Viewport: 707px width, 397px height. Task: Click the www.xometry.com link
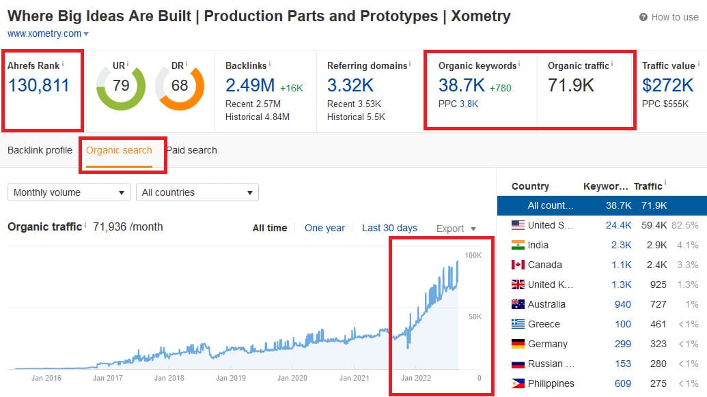[x=44, y=33]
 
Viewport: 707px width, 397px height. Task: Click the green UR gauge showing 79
[x=121, y=86]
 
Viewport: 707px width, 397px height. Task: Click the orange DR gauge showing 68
[x=180, y=86]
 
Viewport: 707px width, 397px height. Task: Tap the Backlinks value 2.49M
[x=250, y=85]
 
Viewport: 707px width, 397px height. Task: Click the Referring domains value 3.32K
[x=350, y=85]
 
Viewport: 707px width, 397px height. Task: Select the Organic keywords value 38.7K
[x=461, y=85]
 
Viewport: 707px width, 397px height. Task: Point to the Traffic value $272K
[x=667, y=85]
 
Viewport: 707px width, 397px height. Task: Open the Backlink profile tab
[x=40, y=150]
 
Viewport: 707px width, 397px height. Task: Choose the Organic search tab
[x=119, y=150]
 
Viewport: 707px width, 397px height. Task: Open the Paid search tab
[x=192, y=150]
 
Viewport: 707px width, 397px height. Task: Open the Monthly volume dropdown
[x=68, y=192]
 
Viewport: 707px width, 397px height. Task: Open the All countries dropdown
[x=197, y=192]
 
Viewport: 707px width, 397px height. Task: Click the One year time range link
[x=324, y=228]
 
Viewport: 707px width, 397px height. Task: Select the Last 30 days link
[x=389, y=228]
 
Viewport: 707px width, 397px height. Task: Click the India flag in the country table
[x=518, y=245]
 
